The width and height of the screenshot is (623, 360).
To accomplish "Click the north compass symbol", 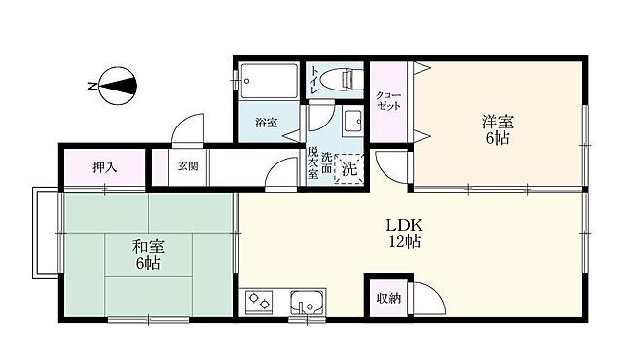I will (x=115, y=86).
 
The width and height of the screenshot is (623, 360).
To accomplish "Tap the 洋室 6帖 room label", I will (x=496, y=129).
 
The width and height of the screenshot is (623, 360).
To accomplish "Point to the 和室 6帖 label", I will (x=146, y=255).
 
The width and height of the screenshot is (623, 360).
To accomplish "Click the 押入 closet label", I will (x=104, y=167).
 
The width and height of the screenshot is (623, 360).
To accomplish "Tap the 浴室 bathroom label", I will (x=266, y=124).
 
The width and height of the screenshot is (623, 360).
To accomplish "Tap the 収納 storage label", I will (x=388, y=298).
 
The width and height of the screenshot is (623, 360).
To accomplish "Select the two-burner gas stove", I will (x=260, y=303).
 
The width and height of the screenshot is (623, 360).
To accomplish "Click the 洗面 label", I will (x=327, y=163).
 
